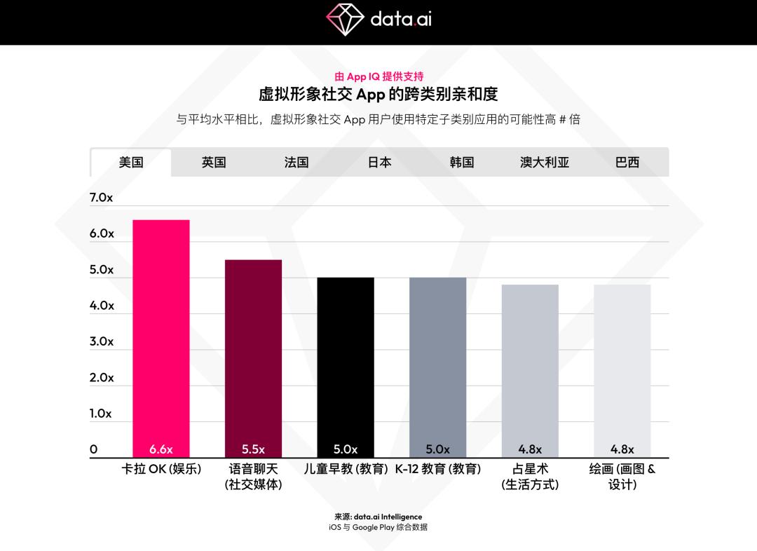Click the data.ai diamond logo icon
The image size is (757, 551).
[x=344, y=19]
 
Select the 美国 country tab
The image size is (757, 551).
[x=131, y=163]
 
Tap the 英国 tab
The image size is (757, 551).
[x=214, y=163]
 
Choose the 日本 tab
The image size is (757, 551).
[x=379, y=163]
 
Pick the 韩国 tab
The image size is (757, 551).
[x=462, y=163]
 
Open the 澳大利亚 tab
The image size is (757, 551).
[x=545, y=163]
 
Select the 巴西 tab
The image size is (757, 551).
[x=627, y=163]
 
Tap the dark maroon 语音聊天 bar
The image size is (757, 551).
[x=253, y=351]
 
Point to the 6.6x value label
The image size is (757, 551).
[x=161, y=449]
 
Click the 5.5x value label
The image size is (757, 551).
[x=253, y=449]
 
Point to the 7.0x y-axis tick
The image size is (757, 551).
[x=101, y=198]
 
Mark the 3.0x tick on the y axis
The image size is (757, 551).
[x=101, y=341]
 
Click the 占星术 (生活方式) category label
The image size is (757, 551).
[x=530, y=477]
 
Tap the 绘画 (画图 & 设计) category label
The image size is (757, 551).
[x=622, y=477]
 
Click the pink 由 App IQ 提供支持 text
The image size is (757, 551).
[x=378, y=76]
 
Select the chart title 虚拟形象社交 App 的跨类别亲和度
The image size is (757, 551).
[x=378, y=95]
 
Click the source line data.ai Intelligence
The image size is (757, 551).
[x=378, y=517]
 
